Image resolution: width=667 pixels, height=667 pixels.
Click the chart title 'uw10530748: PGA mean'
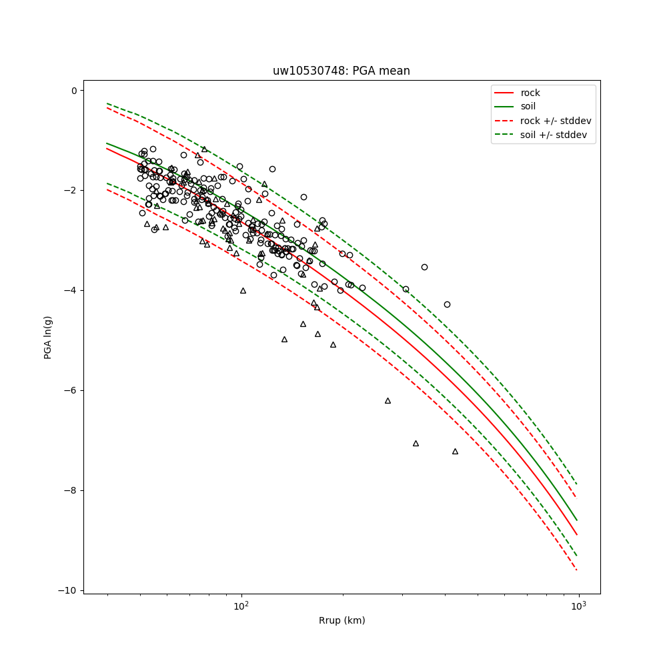341,71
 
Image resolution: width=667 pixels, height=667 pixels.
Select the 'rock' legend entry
530,93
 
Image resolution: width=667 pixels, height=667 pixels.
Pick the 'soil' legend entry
528,107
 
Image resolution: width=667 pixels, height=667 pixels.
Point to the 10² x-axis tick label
241,606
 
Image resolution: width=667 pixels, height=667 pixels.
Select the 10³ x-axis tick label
578,606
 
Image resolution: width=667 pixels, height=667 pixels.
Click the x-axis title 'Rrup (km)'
342,621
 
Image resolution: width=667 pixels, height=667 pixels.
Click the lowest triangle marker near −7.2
455,452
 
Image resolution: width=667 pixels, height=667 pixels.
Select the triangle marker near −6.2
388,401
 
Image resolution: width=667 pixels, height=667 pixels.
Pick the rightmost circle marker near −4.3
447,304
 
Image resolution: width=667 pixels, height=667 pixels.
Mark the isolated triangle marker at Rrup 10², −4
243,290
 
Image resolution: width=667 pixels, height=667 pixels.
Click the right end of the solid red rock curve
577,534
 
